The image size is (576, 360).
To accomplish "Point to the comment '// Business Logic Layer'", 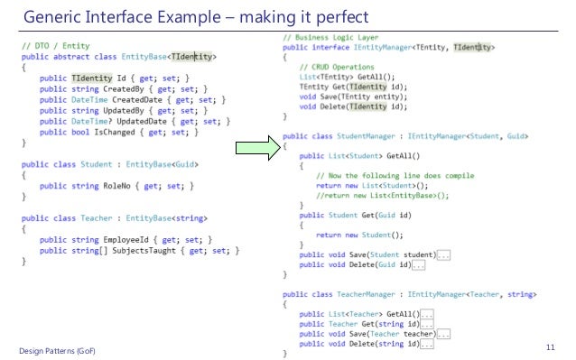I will click(x=330, y=38).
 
